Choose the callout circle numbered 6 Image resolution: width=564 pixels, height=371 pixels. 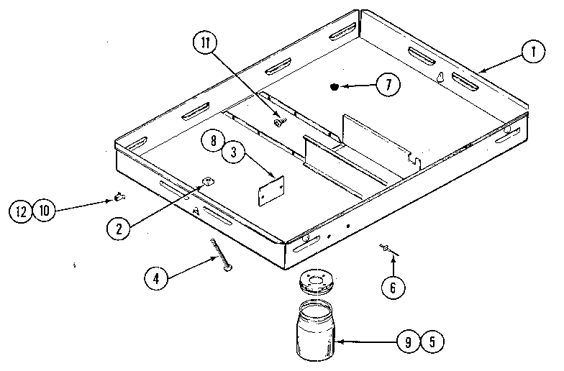[x=392, y=288]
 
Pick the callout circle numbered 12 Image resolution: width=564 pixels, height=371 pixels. [x=22, y=211]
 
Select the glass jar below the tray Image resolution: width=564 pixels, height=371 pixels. [x=317, y=331]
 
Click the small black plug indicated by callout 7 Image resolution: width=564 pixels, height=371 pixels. [x=334, y=88]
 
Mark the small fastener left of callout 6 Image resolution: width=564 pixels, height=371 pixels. [x=386, y=249]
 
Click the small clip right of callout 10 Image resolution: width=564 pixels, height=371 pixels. [x=118, y=195]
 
